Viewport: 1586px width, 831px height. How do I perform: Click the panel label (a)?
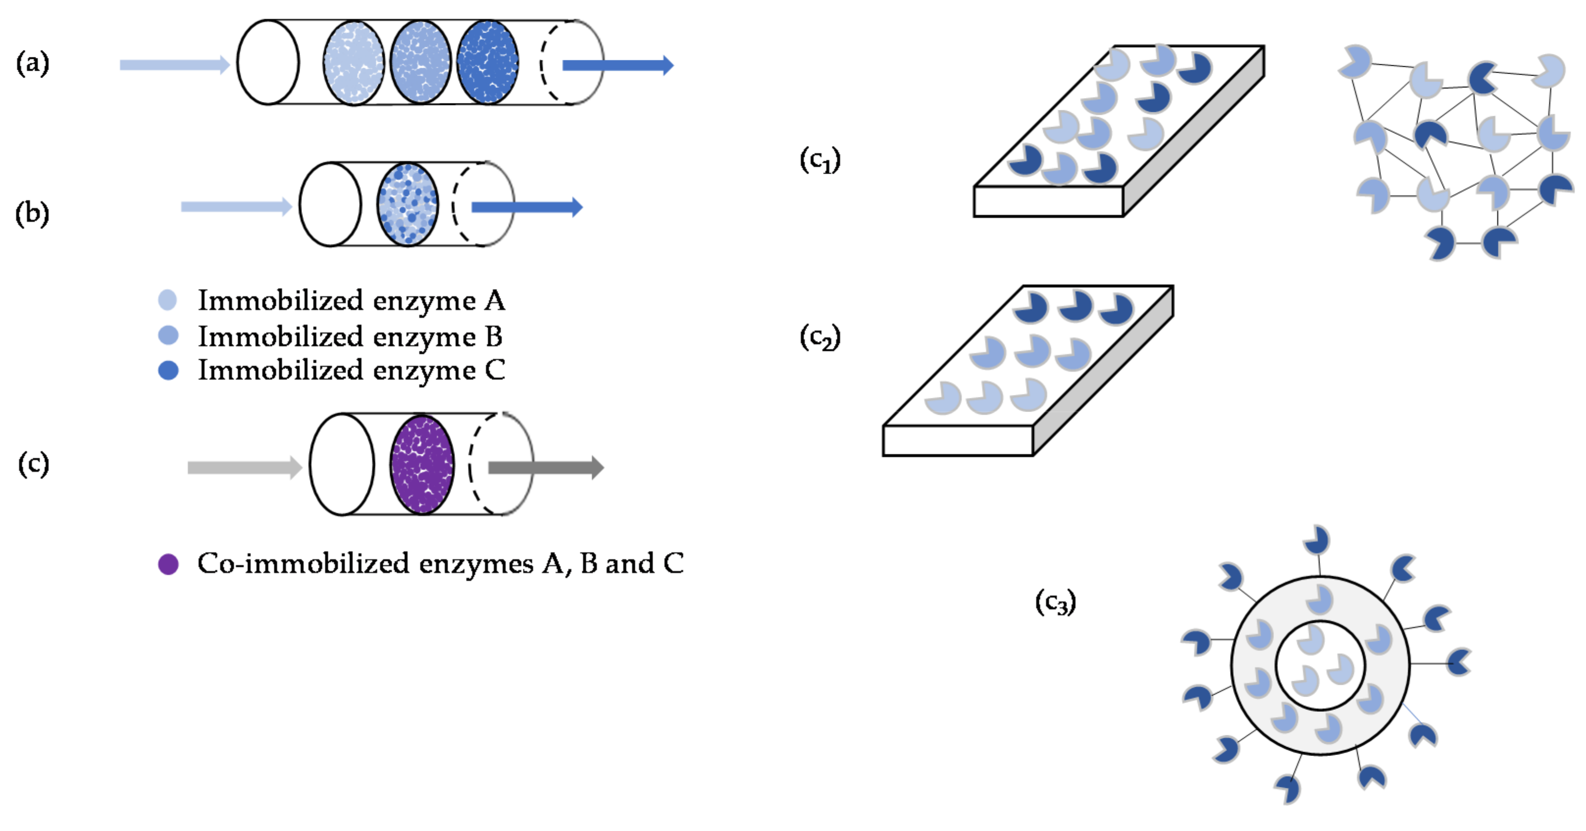point(32,63)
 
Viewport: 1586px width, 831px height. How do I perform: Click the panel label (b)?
point(32,214)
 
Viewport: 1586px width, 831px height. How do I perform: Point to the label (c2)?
point(819,337)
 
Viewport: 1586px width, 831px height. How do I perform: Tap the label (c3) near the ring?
point(1055,602)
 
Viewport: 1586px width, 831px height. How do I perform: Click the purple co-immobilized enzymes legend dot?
point(168,564)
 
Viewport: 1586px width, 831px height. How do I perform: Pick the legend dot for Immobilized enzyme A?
point(167,300)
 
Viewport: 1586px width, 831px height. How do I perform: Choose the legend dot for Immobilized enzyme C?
point(168,370)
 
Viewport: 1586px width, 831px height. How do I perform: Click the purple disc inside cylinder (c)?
point(422,465)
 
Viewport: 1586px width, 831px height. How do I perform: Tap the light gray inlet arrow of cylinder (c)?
point(244,467)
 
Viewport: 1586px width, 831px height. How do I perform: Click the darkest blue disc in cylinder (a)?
point(487,62)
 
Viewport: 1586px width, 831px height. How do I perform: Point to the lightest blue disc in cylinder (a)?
point(354,63)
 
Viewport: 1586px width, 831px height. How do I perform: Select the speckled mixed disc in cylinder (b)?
point(408,205)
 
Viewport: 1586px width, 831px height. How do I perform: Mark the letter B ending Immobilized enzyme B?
point(493,337)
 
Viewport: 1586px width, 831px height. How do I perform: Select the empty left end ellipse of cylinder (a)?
point(268,62)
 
